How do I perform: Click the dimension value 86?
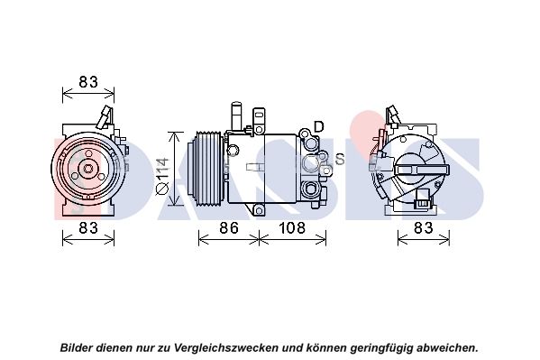[229, 227]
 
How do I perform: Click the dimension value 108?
[292, 227]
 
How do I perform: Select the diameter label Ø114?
[162, 177]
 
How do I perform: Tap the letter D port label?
[319, 126]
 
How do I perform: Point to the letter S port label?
[340, 159]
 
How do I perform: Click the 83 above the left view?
[88, 82]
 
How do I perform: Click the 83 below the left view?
[88, 227]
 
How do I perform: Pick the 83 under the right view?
[423, 227]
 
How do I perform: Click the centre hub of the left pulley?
[88, 169]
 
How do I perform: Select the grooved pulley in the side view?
[205, 169]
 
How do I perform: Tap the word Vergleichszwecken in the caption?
[225, 347]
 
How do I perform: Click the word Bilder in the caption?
[77, 346]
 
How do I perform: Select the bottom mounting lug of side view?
[259, 209]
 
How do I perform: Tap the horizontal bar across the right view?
[422, 170]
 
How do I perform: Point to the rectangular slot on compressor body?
[255, 167]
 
